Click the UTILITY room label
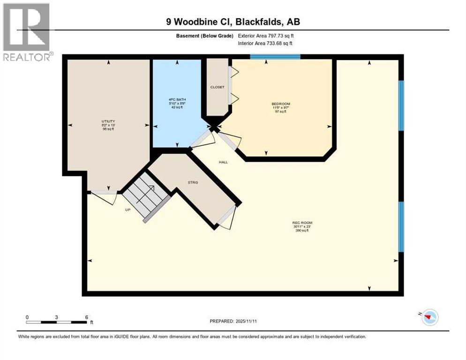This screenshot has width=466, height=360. pos(108,121)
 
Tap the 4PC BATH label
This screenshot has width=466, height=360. pos(176,99)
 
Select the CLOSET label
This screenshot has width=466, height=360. pos(217,87)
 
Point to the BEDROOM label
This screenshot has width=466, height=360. pos(281,104)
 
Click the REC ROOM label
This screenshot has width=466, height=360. pos(302,223)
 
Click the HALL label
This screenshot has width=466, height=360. pos(223,162)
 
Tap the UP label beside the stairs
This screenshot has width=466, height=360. pos(128,210)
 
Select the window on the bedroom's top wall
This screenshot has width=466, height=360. pos(275,57)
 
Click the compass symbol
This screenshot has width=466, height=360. pos(429,318)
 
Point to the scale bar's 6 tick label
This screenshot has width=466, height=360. pos(86,317)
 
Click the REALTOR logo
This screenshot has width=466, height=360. pos(28,32)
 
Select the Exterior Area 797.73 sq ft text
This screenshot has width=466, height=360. pos(267,36)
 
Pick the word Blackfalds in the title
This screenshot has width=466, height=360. pos(258,21)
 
